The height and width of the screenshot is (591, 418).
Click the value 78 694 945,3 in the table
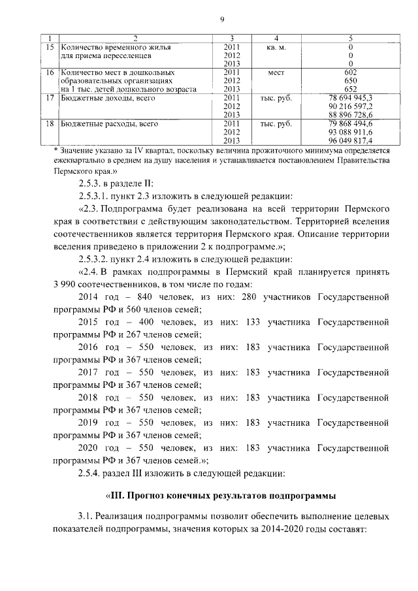tap(351, 97)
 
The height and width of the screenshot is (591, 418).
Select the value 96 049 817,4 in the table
tap(351, 140)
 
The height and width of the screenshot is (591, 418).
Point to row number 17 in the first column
tap(48, 97)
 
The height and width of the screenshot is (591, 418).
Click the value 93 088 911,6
tap(351, 131)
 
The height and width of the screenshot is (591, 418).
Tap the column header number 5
tap(351, 39)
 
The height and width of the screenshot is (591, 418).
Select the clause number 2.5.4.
tap(93, 472)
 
